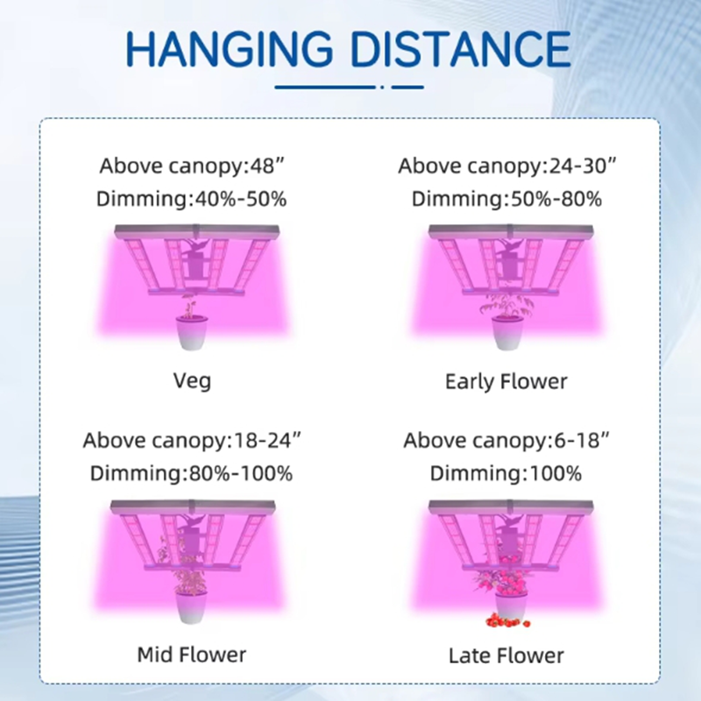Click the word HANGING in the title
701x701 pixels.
click(230, 48)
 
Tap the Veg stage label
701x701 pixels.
click(192, 381)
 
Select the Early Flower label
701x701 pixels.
click(506, 382)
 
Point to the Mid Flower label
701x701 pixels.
click(192, 655)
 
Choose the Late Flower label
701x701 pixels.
click(506, 655)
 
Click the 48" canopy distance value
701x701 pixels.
click(267, 166)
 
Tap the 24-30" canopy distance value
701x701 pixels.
click(582, 166)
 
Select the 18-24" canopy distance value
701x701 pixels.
click(267, 441)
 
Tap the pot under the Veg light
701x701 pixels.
click(192, 333)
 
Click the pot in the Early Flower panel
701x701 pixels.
click(508, 333)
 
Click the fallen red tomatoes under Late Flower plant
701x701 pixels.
click(507, 620)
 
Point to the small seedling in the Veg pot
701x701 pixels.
click(189, 309)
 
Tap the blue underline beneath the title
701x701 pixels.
click(349, 87)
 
